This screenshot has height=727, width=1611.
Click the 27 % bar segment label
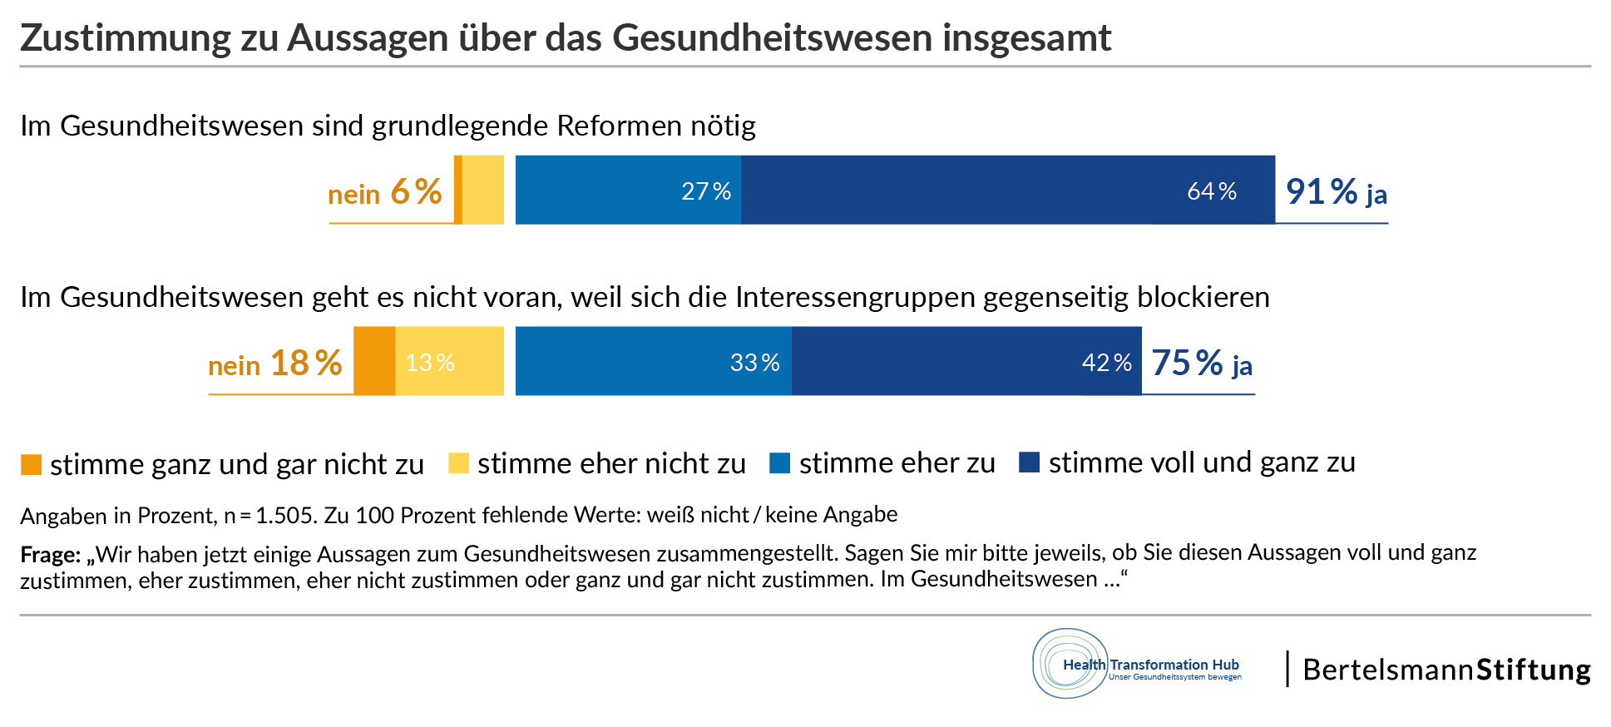tap(706, 191)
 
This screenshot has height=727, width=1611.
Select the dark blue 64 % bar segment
tap(1006, 190)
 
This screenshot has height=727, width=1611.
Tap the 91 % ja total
tap(1336, 192)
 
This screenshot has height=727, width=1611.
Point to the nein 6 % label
tap(385, 193)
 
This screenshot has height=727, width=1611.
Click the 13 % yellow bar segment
tap(448, 362)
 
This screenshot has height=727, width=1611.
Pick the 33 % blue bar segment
tap(654, 361)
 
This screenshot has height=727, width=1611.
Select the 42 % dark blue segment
tap(966, 361)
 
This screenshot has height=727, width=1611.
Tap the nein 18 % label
tap(275, 364)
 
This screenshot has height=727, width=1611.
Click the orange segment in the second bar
tap(374, 361)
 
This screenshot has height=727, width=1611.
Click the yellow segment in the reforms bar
tap(483, 190)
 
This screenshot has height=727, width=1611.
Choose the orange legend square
tap(31, 464)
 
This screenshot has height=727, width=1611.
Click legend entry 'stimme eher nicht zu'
tap(610, 463)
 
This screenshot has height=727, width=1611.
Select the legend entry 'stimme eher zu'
tap(897, 462)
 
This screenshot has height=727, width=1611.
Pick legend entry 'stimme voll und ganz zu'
tap(1201, 462)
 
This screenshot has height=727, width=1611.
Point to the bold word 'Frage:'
tap(50, 554)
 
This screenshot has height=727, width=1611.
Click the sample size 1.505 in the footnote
tap(284, 516)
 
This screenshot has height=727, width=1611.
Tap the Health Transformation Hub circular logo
tap(1070, 663)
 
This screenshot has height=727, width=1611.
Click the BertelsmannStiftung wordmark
tap(1446, 670)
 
